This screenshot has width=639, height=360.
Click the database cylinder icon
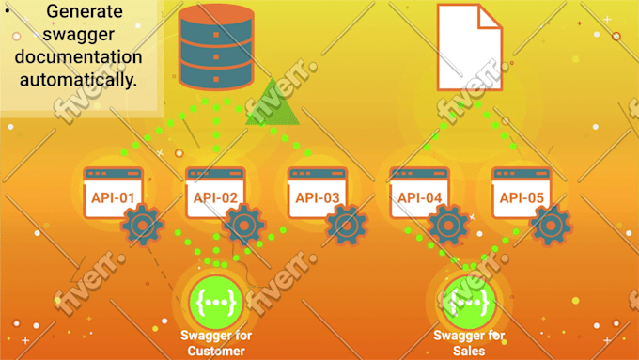point(216,47)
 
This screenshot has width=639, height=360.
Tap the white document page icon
point(470,47)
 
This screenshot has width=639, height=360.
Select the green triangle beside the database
point(273,102)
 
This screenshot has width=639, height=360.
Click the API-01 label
point(113,198)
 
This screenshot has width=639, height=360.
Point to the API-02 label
point(215,198)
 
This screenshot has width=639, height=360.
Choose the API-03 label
point(318,198)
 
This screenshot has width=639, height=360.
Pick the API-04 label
point(420,198)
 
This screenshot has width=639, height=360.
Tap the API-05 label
point(522,198)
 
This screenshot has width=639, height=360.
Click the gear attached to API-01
point(142,225)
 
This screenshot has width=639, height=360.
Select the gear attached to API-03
point(347,225)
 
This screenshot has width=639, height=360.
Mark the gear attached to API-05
point(551,225)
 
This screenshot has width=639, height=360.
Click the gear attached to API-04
point(448,225)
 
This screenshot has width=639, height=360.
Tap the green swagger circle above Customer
point(216,303)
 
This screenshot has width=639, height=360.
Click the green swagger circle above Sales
point(469,303)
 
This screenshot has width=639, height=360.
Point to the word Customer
point(216,351)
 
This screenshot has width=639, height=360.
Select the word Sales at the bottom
point(469,351)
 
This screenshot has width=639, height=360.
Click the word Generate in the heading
point(85,11)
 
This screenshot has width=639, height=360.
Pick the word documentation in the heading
point(79,57)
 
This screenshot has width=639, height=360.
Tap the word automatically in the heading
point(78,80)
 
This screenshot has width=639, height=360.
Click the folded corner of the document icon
point(491,16)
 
